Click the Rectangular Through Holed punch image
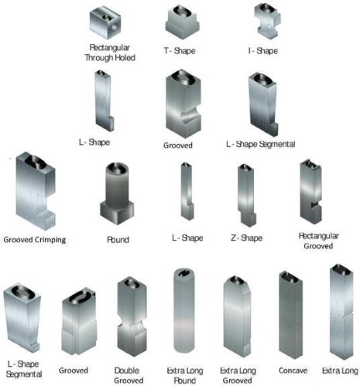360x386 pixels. (x=107, y=24)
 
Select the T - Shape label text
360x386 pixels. (x=179, y=51)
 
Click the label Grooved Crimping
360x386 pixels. (x=35, y=240)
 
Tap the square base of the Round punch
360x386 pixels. (x=118, y=210)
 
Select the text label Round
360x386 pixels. (x=118, y=240)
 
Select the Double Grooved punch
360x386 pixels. (x=129, y=317)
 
